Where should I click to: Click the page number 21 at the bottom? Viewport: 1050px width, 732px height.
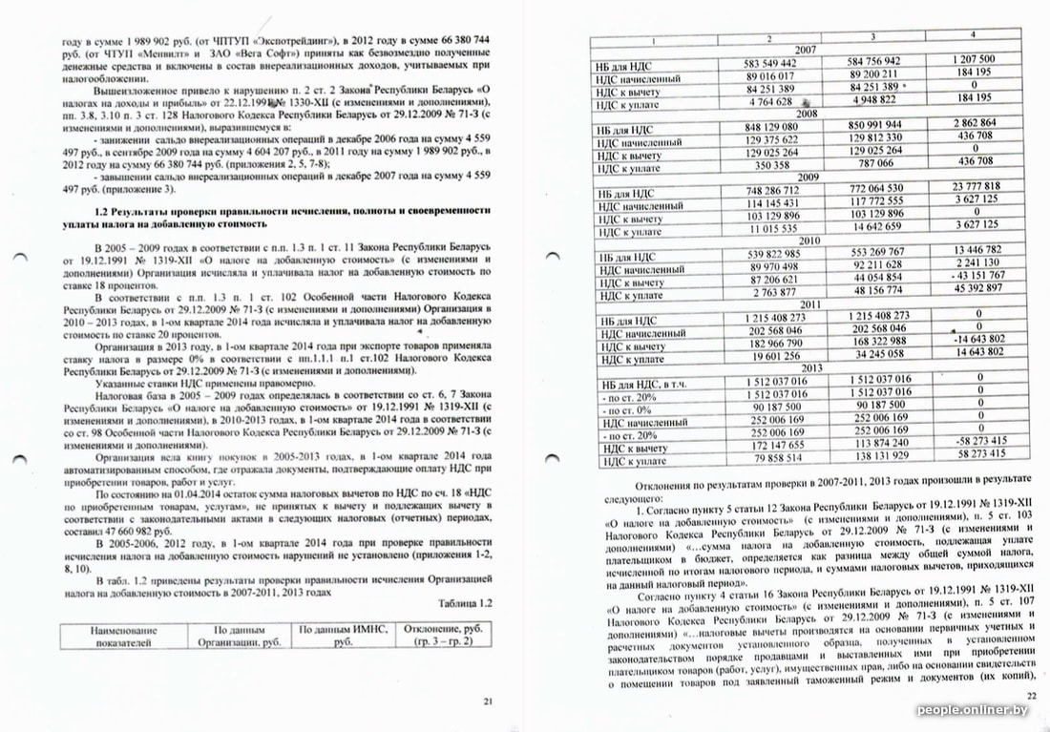(488, 701)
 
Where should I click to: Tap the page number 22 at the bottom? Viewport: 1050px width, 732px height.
(1030, 696)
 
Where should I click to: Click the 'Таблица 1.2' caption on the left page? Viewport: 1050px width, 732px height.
(465, 603)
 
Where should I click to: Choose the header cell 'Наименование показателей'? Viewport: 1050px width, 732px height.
(123, 637)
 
